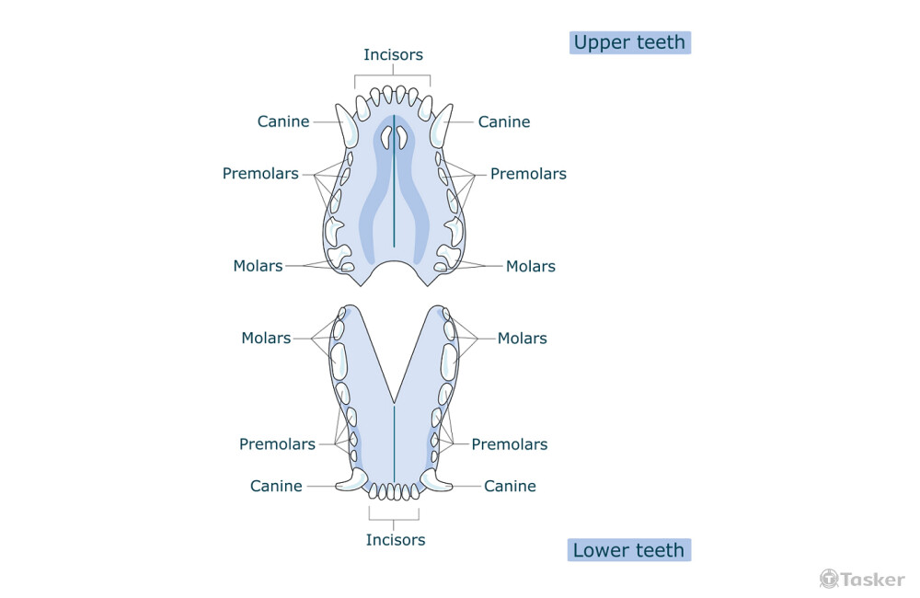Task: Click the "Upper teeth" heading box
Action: (629, 42)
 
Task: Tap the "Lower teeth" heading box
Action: (628, 550)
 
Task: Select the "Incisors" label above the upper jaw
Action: (393, 54)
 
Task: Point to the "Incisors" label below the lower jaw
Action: (396, 539)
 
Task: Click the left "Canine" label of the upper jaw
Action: (283, 121)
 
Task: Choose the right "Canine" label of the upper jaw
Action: (504, 121)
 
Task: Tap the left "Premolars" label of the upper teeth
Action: (260, 173)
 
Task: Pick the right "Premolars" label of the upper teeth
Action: (528, 173)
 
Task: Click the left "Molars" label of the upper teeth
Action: (258, 266)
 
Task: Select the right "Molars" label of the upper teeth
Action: (531, 266)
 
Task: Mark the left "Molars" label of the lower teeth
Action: (266, 338)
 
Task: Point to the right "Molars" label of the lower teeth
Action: (523, 338)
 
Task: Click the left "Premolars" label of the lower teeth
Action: (277, 443)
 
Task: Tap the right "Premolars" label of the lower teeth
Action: (510, 443)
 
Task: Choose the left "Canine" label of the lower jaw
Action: (276, 486)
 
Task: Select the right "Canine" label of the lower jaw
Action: (510, 486)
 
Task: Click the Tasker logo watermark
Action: (862, 579)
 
